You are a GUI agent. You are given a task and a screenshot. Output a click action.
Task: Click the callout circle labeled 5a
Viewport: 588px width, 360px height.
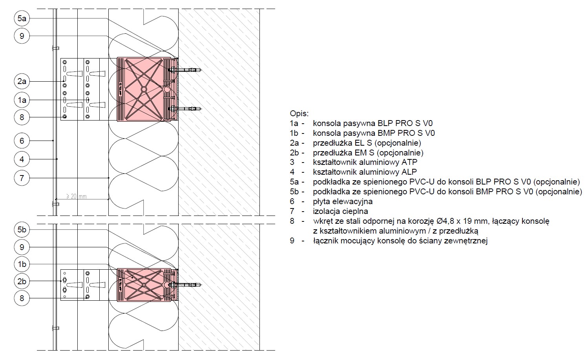[x=22, y=18]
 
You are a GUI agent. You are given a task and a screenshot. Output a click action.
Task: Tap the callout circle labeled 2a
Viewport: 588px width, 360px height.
[x=22, y=81]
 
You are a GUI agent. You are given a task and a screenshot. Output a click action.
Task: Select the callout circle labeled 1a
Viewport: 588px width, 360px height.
[x=22, y=100]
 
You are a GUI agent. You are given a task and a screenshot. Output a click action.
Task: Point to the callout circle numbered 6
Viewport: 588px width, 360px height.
[x=22, y=141]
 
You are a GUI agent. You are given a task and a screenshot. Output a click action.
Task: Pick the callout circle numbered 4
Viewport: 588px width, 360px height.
[x=22, y=159]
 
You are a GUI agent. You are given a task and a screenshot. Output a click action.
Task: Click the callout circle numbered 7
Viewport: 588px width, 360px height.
[x=22, y=178]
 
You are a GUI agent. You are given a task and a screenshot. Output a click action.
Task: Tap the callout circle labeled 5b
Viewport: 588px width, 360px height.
[x=22, y=230]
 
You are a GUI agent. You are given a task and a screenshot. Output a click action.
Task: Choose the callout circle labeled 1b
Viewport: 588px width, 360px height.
[x=22, y=264]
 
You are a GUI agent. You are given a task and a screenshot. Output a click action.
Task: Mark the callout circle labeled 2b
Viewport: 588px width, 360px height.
[x=22, y=281]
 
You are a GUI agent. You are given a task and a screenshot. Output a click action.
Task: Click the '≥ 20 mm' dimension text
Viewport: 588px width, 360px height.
[x=76, y=196]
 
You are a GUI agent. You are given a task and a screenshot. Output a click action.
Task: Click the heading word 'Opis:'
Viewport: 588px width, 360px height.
[x=299, y=114]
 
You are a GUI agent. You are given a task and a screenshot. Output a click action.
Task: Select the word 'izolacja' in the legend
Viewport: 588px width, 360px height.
[x=328, y=211]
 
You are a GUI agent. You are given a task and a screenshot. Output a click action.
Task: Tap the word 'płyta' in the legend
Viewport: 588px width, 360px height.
[x=321, y=202]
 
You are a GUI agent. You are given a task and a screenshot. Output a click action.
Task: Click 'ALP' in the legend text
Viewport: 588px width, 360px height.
[x=409, y=172]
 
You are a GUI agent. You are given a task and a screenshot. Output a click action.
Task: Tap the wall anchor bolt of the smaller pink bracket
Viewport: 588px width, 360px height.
[x=185, y=285]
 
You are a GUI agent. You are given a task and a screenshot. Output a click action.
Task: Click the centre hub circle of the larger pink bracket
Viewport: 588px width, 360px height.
[x=144, y=90]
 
